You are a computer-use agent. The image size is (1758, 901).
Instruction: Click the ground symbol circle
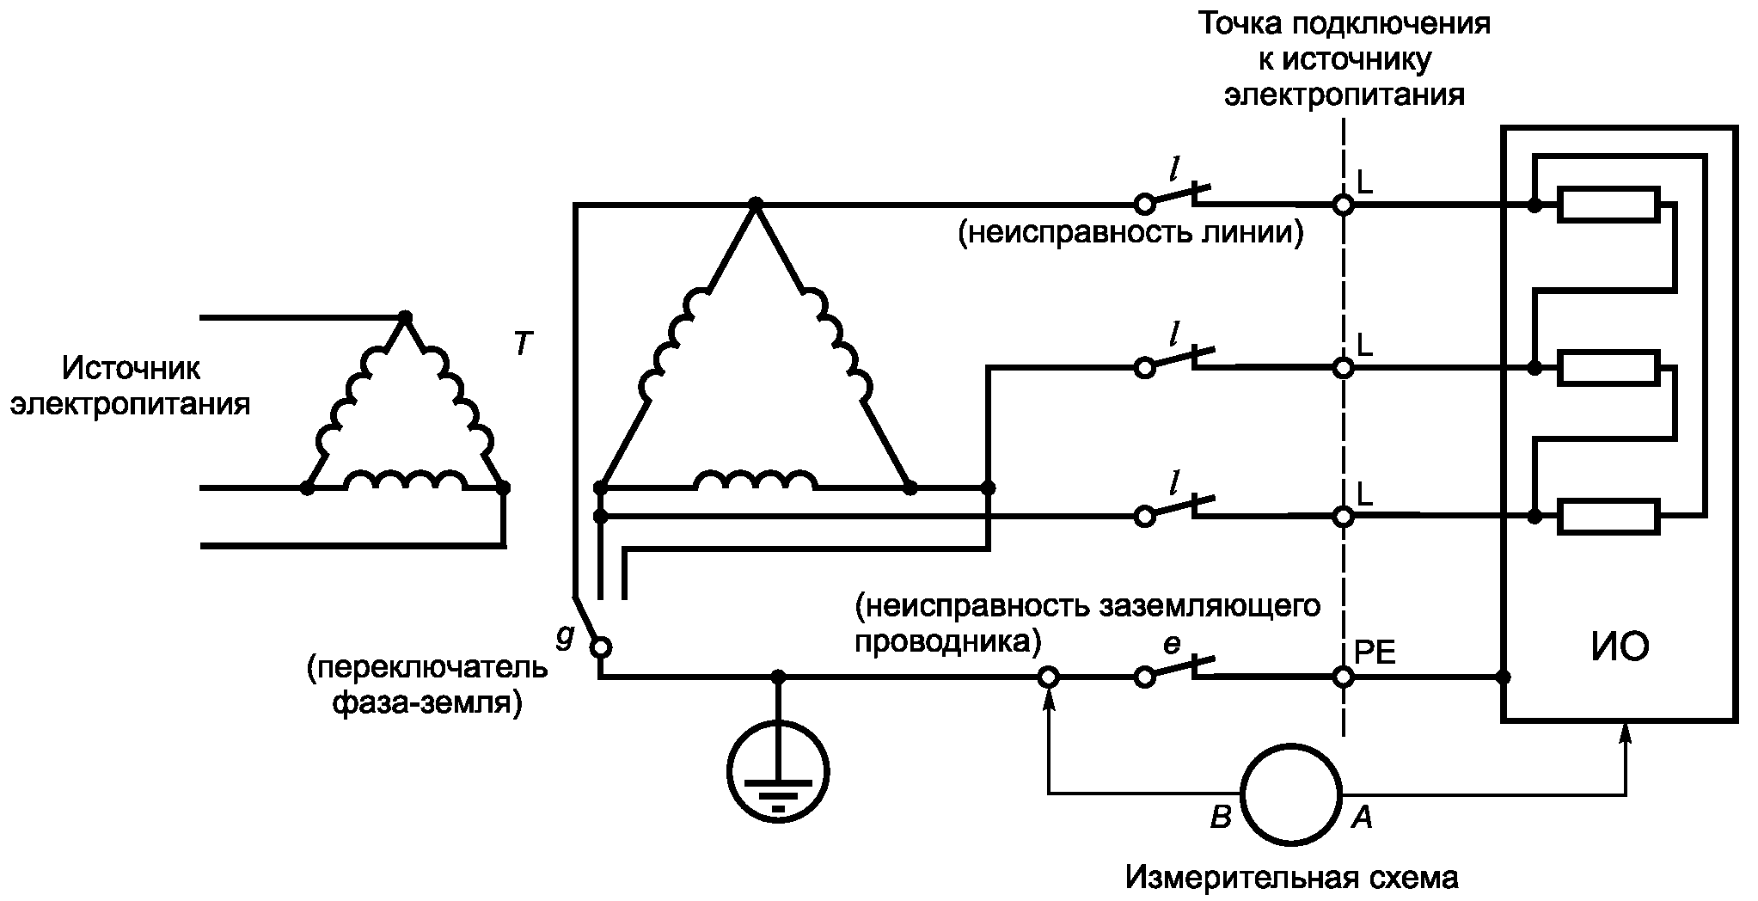778,771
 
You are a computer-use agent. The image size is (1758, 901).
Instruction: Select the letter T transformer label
523,345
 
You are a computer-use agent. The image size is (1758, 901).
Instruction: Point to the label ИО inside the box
1620,646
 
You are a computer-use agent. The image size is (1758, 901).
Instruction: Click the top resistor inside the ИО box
1608,205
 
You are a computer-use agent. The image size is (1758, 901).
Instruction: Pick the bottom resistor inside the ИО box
1608,517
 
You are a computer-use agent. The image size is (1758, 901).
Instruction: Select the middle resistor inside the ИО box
1608,368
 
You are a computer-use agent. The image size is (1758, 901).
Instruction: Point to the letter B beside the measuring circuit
1220,818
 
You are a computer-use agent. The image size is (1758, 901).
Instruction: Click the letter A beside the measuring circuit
1362,818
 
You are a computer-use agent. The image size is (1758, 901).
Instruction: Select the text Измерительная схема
1291,879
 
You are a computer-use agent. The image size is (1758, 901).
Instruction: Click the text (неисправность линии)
1131,233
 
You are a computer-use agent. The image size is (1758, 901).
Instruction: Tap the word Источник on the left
131,369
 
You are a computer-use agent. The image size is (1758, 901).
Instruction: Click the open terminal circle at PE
1343,677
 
